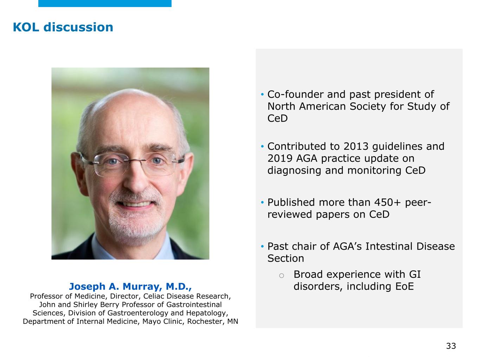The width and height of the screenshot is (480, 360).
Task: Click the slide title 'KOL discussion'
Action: pos(63,27)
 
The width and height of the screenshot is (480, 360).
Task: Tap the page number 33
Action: pos(451,346)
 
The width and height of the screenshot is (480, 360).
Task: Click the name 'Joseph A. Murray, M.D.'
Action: pos(130,286)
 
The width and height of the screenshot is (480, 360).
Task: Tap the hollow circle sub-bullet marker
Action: pos(281,276)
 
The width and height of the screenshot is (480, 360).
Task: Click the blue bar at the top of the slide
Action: pos(105,4)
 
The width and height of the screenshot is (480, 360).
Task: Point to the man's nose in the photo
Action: pos(136,181)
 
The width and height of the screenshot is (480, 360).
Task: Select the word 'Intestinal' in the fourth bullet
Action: pos(389,246)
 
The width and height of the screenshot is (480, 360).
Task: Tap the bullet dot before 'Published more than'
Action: pos(262,202)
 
